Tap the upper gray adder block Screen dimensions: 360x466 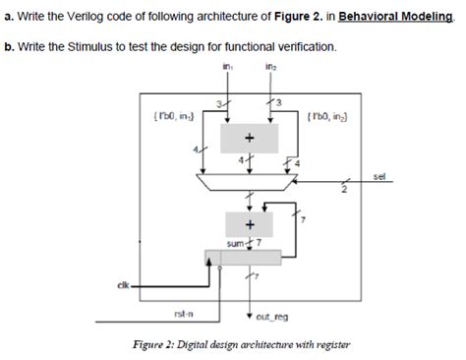[x=249, y=138]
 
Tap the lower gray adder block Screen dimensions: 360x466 [x=249, y=223]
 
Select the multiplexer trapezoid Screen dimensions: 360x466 [x=249, y=183]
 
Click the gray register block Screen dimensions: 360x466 [x=249, y=258]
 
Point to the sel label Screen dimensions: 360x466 [x=379, y=176]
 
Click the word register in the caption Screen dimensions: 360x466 [x=329, y=344]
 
